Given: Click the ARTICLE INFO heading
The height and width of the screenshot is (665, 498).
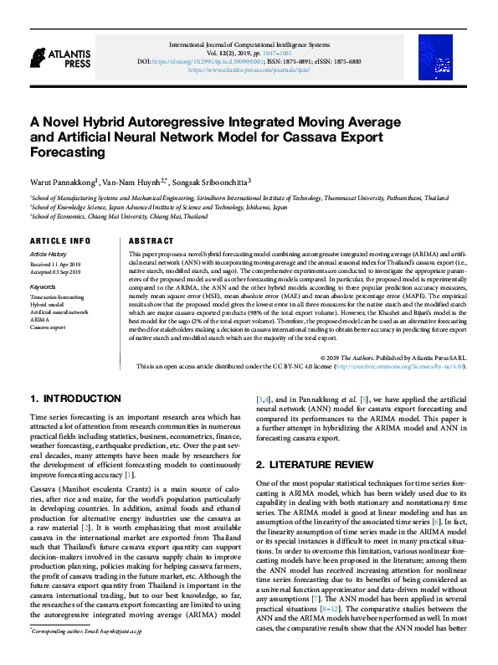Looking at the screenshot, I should (59, 240).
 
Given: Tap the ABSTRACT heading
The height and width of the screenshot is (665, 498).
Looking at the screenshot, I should (151, 240).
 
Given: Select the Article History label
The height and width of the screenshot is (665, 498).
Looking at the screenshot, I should (48, 253).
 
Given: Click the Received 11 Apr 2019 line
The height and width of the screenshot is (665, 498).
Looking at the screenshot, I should (54, 264).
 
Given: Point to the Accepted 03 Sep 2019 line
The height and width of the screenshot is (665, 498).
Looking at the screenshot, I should (55, 271).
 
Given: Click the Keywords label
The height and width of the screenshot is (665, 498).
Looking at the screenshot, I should (43, 286).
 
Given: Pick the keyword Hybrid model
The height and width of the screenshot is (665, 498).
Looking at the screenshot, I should (47, 305).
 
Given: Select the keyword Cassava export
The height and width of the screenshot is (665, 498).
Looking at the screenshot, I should (48, 327).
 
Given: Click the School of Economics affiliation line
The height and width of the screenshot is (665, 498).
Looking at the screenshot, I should (118, 216).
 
